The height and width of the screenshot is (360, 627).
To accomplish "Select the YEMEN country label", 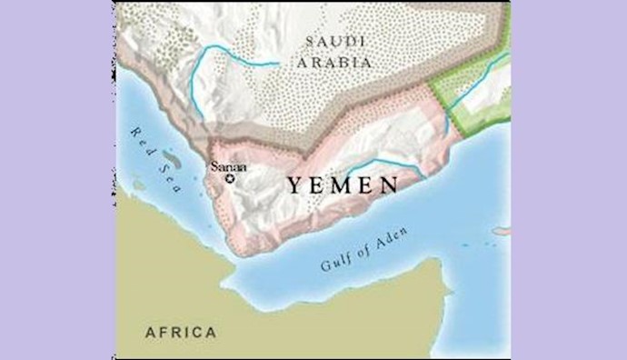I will [343, 186].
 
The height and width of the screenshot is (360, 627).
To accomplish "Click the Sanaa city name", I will [225, 165].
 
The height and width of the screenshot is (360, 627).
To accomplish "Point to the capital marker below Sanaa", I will [230, 178].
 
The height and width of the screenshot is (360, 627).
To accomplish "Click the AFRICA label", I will [181, 332].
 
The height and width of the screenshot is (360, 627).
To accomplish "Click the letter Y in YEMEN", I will [295, 186].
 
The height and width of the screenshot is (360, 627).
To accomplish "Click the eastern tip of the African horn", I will [452, 289].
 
